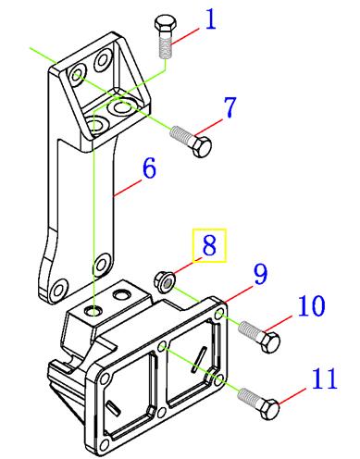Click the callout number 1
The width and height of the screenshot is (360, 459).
[211, 19]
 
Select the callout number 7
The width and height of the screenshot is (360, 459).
[230, 107]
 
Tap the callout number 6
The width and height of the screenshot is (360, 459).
[150, 168]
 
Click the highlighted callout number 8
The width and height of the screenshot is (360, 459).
[209, 245]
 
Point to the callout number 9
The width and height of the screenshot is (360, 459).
[261, 274]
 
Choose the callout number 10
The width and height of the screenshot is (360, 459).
[312, 305]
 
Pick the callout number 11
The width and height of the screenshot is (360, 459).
[324, 378]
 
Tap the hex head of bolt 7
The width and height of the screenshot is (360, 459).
[202, 147]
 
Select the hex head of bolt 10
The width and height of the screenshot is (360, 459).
[271, 341]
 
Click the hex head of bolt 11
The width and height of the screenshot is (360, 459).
[269, 409]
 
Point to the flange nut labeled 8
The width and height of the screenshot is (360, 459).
[166, 281]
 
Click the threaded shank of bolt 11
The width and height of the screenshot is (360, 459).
[249, 398]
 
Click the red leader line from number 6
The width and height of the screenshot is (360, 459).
[128, 188]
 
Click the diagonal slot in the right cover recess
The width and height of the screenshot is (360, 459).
[200, 358]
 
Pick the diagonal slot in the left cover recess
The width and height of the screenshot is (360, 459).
[113, 407]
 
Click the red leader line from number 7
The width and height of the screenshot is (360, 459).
[208, 127]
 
